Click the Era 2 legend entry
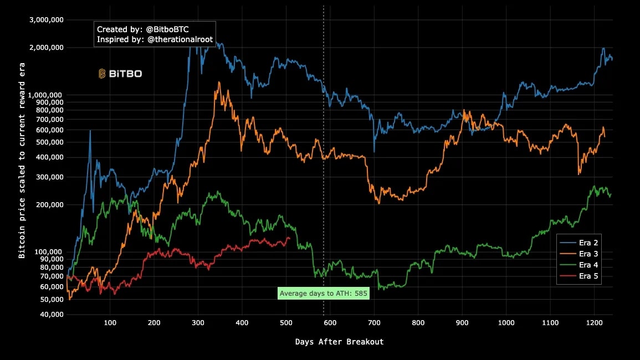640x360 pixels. coord(588,243)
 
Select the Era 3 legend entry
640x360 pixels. coord(588,254)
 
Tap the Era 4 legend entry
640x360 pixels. coord(588,265)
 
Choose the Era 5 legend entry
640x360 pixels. coord(588,276)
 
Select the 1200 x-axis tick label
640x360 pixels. coord(594,322)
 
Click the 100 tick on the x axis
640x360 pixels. coord(110,322)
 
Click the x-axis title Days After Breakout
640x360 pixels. coord(339,342)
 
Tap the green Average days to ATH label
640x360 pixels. coord(324,293)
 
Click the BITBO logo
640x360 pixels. coord(120,73)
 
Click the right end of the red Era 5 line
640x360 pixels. coord(289,238)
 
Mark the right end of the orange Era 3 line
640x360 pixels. coord(605,136)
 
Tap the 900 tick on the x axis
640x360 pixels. coord(462,322)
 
